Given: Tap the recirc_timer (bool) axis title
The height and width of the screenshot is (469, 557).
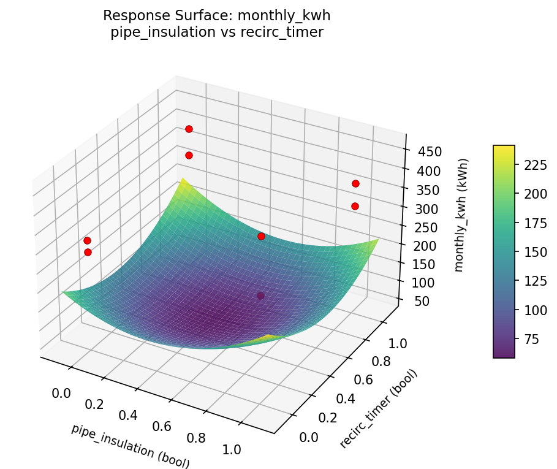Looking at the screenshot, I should [378, 408].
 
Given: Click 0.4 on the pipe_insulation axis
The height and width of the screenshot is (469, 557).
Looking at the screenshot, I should [128, 415].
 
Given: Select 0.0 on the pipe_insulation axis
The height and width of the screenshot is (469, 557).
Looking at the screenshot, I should [61, 392].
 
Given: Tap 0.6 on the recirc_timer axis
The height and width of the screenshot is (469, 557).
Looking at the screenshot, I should [364, 379].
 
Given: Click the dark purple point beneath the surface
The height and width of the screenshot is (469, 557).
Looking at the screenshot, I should [260, 296].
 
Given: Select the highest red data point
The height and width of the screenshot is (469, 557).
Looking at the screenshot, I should [189, 129].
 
